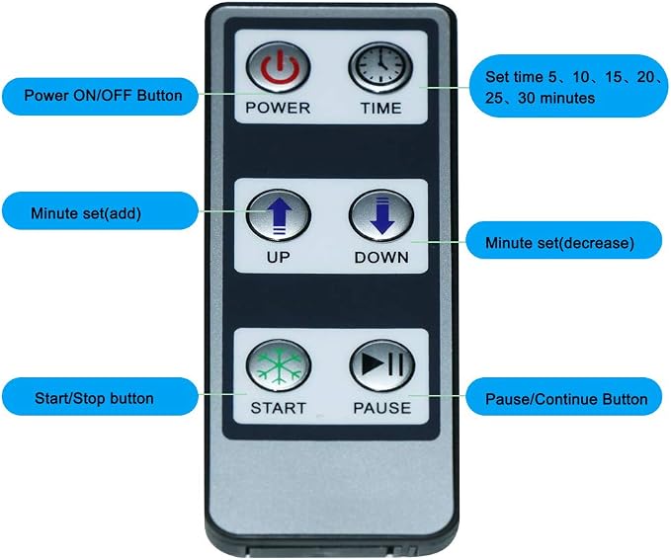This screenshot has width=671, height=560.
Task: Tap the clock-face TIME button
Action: pyautogui.click(x=380, y=67)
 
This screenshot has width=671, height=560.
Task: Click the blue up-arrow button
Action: pyautogui.click(x=279, y=216)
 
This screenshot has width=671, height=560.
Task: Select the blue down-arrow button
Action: pyautogui.click(x=381, y=216)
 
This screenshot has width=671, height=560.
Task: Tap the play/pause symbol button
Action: pyautogui.click(x=382, y=364)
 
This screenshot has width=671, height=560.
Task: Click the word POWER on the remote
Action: pyautogui.click(x=278, y=108)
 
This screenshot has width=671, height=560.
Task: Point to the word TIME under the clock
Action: pyautogui.click(x=381, y=109)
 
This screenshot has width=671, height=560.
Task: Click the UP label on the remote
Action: pyautogui.click(x=278, y=258)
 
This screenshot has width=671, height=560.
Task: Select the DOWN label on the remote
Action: pyautogui.click(x=381, y=258)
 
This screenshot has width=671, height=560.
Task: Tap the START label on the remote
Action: pyautogui.click(x=278, y=408)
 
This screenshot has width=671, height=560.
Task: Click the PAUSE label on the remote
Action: pyautogui.click(x=382, y=408)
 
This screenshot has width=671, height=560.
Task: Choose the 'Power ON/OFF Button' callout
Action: pyautogui.click(x=100, y=96)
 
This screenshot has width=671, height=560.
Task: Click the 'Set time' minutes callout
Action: pyautogui.click(x=569, y=87)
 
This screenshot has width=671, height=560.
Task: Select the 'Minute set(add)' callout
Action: pyautogui.click(x=100, y=211)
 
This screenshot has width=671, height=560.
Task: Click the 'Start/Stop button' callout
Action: pyautogui.click(x=100, y=397)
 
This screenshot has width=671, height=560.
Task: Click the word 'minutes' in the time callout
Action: pyautogui.click(x=568, y=99)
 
